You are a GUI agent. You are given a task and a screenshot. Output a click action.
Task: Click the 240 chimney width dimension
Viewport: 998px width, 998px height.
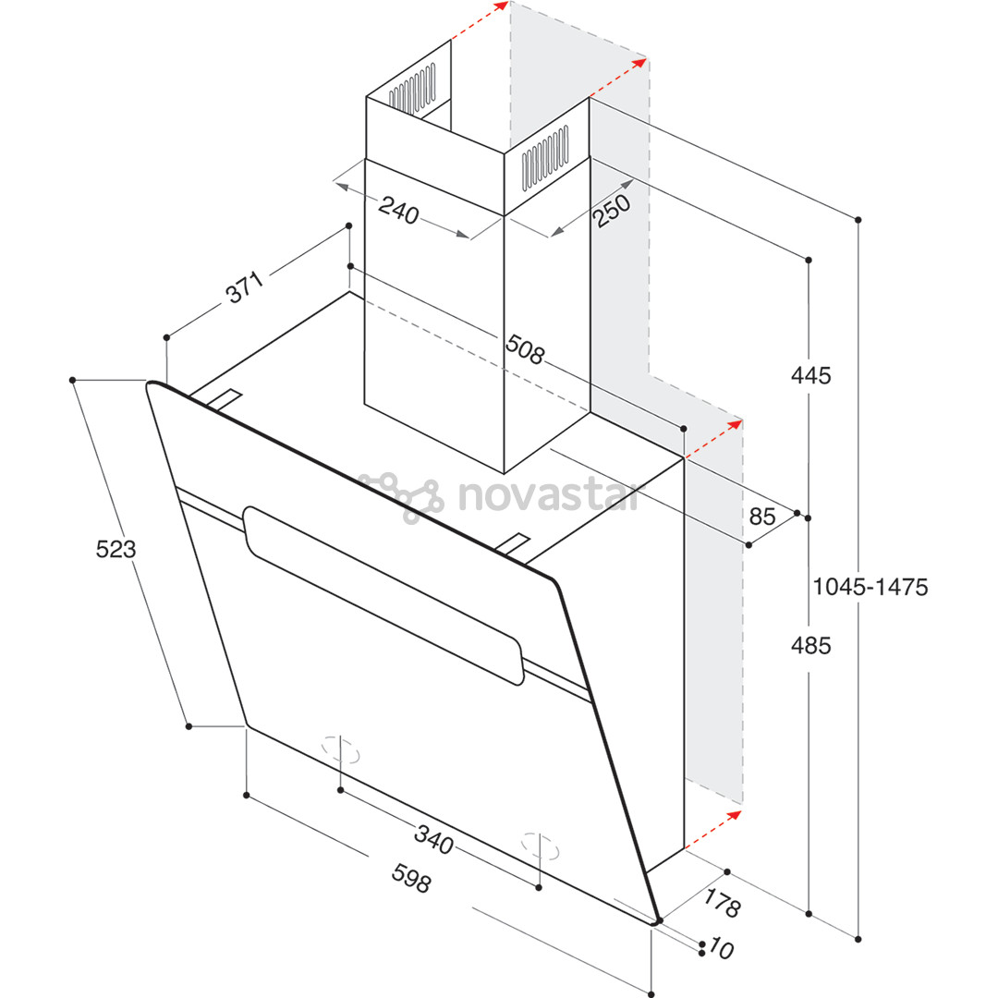398,212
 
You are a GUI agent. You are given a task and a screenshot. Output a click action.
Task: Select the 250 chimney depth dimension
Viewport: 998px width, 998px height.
611,212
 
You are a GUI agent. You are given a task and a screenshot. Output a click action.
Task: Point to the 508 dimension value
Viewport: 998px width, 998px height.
525,348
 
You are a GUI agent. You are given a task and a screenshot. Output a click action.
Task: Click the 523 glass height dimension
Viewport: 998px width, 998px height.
116,549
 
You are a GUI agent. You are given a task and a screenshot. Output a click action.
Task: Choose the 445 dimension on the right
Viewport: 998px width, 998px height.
810,375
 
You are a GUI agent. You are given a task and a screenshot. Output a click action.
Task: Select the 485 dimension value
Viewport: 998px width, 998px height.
810,645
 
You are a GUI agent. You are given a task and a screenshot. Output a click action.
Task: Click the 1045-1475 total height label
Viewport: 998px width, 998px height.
870,586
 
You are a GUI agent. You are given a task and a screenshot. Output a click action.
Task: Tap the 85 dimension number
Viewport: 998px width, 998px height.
761,517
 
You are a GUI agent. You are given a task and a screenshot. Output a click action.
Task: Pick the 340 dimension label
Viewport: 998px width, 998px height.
433,840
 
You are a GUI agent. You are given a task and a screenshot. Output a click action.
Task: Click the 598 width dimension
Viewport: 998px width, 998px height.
410,879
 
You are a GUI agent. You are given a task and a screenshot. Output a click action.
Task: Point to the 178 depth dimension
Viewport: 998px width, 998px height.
722,902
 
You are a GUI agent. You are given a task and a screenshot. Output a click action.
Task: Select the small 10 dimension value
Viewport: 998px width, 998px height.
722,949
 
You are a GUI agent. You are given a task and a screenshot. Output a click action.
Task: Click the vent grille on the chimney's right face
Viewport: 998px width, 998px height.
544,160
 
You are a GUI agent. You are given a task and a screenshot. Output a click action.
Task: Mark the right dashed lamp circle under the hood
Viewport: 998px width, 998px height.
540,845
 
